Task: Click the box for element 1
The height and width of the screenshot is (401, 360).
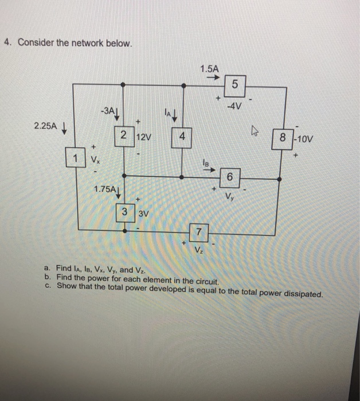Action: pyautogui.click(x=74, y=157)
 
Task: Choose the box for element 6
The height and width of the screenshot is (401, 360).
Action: pyautogui.click(x=230, y=177)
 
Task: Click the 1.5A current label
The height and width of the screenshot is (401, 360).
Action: pyautogui.click(x=210, y=69)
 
